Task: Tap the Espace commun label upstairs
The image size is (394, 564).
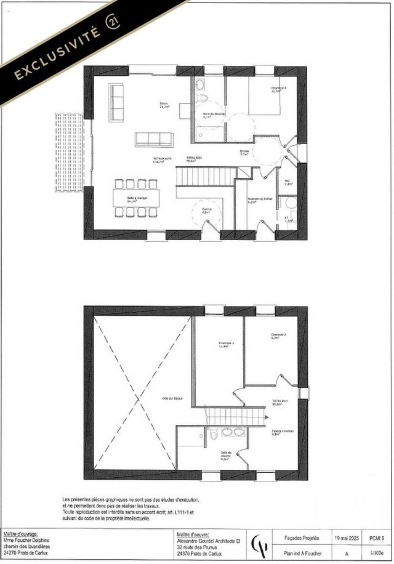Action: [x=283, y=432]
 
